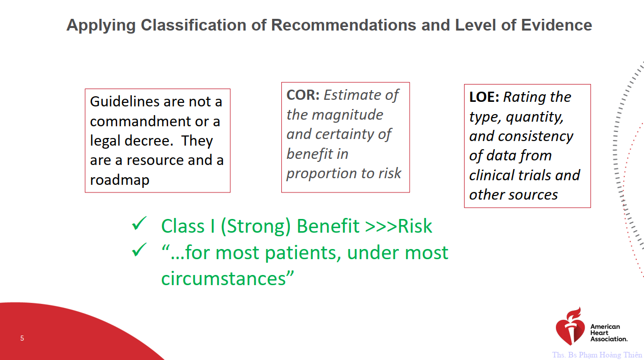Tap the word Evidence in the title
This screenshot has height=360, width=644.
tap(556, 25)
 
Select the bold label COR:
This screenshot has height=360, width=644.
tap(303, 95)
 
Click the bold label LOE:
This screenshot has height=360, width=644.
tap(484, 97)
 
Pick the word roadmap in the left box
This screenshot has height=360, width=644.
tap(120, 180)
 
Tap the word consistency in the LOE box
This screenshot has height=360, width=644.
tap(535, 136)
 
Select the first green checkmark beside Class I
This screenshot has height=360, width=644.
tap(139, 224)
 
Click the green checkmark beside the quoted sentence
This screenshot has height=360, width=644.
tap(139, 250)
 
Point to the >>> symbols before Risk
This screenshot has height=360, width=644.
tap(381, 226)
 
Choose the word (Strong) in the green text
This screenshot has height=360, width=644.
tap(256, 226)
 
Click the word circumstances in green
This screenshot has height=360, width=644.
tap(223, 279)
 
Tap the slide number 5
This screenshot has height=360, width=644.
tap(22, 338)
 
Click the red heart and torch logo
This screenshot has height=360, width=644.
tap(571, 326)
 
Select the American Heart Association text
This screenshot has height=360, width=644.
tap(609, 333)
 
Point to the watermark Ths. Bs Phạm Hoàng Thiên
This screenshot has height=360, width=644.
tap(597, 355)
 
